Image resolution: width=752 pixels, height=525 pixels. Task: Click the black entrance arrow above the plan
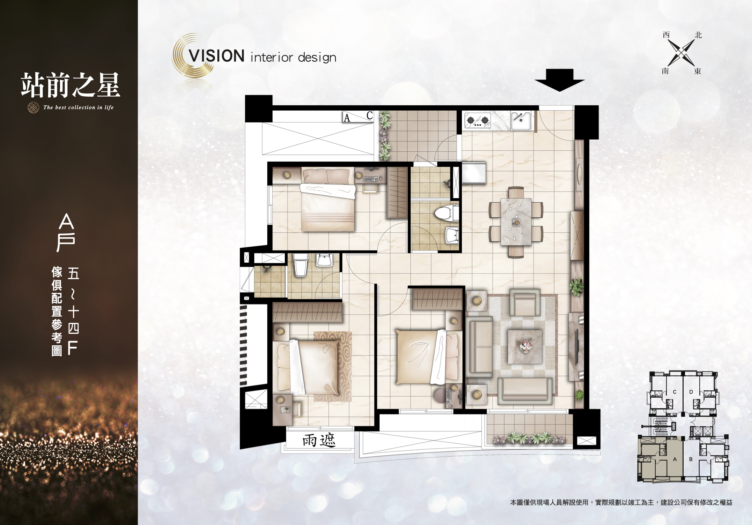(x=559, y=80)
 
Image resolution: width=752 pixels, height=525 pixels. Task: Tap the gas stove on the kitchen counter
(x=478, y=121)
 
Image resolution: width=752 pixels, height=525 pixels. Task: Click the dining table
(x=516, y=222)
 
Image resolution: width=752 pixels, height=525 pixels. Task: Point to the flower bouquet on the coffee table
(x=525, y=346)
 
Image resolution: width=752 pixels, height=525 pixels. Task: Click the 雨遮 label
(x=319, y=440)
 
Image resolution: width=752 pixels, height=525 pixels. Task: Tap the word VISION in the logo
(x=216, y=56)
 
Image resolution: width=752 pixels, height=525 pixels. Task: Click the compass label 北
(x=698, y=35)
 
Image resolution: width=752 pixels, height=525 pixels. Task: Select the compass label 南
(x=665, y=71)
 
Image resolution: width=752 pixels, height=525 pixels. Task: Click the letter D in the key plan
(x=691, y=392)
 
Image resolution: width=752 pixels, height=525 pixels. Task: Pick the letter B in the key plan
(x=691, y=459)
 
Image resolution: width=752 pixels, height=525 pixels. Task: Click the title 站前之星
(x=70, y=85)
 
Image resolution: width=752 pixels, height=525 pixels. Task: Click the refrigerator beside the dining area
(x=474, y=173)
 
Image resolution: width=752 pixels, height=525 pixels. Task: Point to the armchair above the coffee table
(x=525, y=302)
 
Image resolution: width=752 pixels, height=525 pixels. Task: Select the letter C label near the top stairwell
(x=370, y=115)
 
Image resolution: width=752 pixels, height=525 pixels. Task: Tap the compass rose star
(x=681, y=53)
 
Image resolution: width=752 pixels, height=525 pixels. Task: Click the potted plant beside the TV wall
(x=576, y=287)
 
